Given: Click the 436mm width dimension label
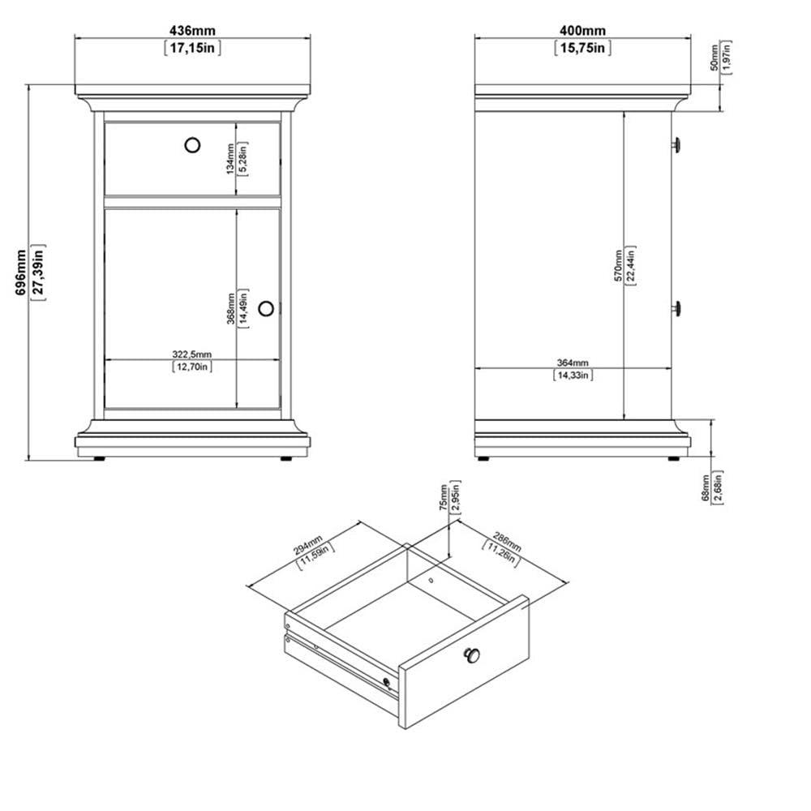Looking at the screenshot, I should pos(192,30).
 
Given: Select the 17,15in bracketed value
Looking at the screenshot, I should pos(192,47).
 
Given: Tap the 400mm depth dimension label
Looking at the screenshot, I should pos(582,30).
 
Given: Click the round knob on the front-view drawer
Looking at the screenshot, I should pos(192,144).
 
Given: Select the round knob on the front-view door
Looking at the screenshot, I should pos(267,308).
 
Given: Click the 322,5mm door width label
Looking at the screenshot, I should pos(192,354).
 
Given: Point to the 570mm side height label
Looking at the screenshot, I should pos(618,265).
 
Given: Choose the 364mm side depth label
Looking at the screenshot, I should pos(573,363).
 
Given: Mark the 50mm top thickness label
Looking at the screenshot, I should pos(714,58).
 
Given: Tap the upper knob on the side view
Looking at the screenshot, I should pos(676,144).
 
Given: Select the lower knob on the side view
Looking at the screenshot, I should pos(676,308).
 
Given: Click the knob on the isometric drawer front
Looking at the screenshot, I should pos(472,655).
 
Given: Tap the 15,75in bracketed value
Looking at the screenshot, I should pos(582,47).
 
